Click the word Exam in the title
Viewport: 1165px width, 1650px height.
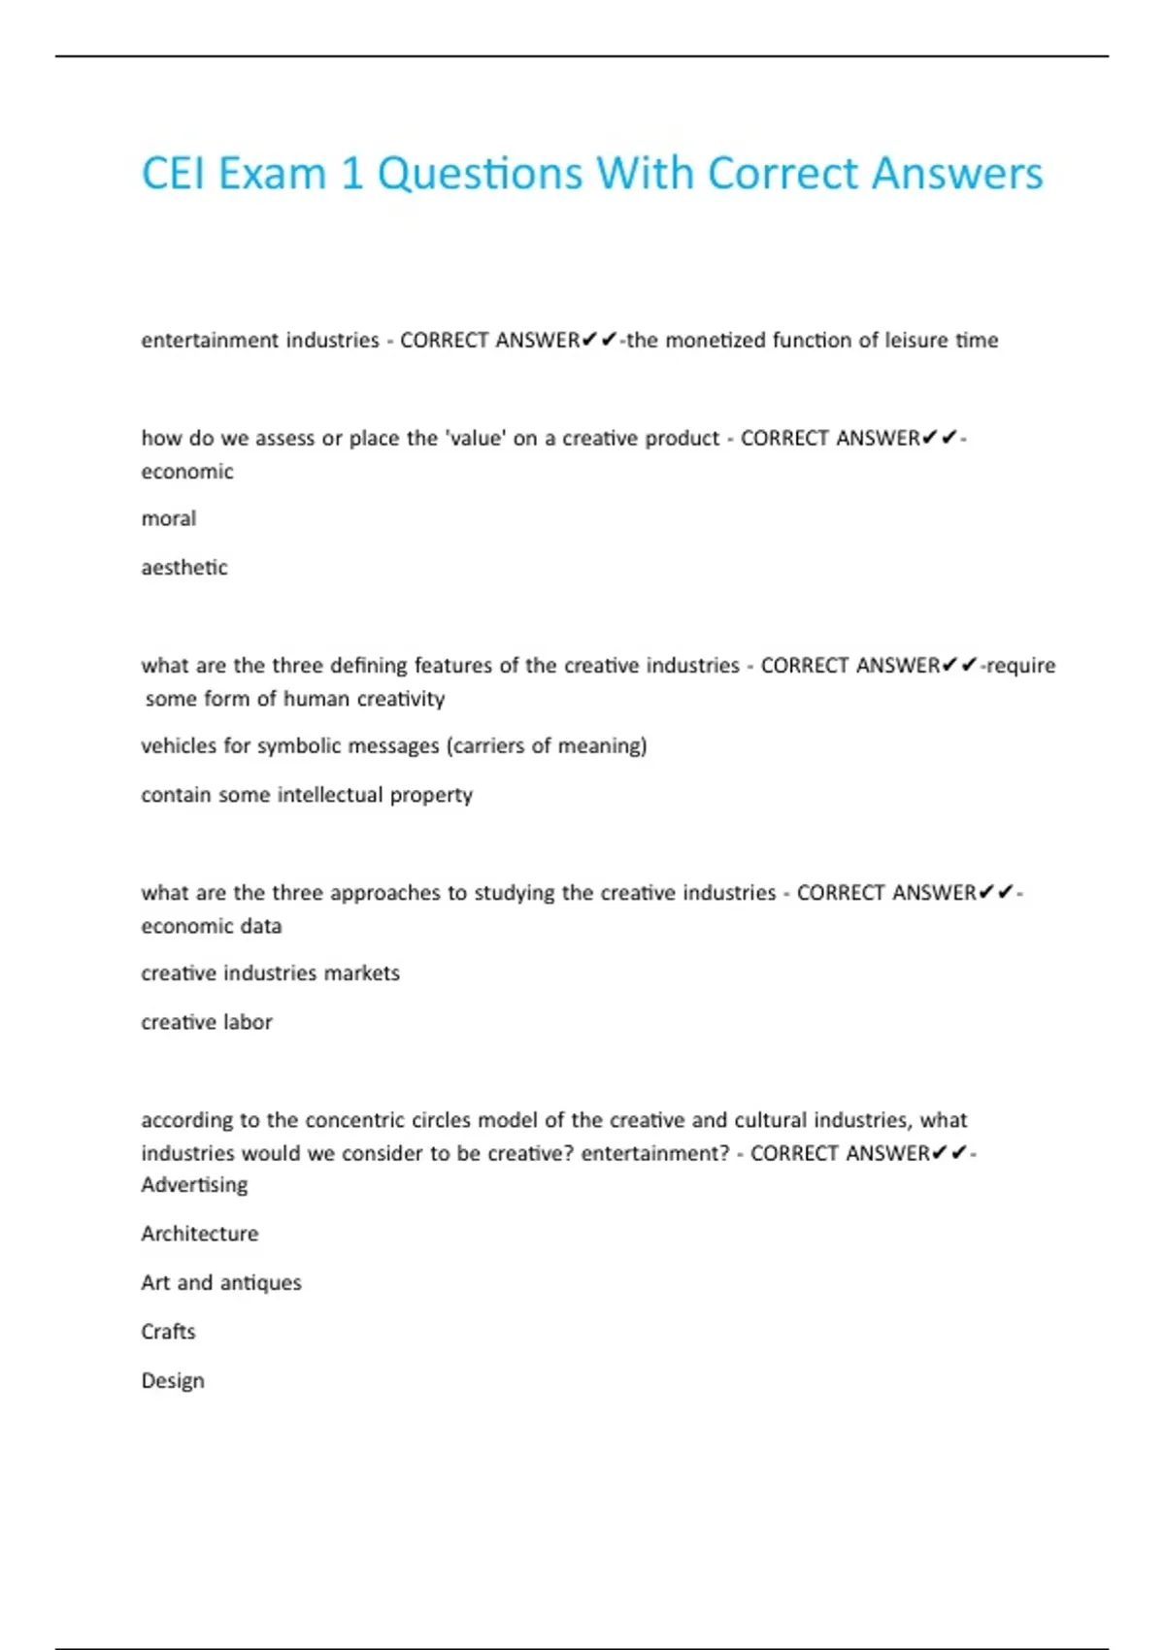(x=274, y=175)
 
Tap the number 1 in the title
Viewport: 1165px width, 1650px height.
(x=351, y=175)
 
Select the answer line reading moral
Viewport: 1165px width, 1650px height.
(x=169, y=519)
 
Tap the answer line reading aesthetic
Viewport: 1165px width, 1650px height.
(x=184, y=568)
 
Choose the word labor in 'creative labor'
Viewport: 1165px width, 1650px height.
(x=250, y=1022)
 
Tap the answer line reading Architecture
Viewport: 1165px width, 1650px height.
(x=200, y=1234)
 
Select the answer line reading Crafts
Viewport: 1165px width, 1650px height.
(x=168, y=1332)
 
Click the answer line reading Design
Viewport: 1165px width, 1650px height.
(x=173, y=1381)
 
